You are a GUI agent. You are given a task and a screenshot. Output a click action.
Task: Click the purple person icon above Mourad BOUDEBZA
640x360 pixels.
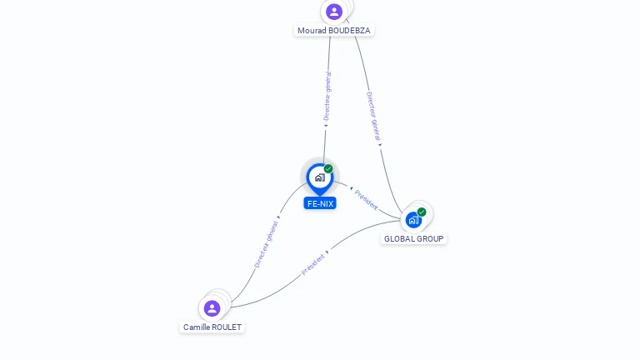(x=334, y=12)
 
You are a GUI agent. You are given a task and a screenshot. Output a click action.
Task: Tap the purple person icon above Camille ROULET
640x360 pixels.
(x=212, y=308)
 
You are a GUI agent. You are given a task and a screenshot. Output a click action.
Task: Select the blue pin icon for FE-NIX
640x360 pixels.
(x=319, y=177)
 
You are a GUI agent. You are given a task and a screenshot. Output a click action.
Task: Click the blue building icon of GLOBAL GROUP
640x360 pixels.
(x=413, y=220)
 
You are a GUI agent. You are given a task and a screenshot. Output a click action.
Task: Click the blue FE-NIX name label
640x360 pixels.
(x=320, y=203)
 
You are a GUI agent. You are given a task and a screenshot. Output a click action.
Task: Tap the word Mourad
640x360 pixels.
(x=312, y=31)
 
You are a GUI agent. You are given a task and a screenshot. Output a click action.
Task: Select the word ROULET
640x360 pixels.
(x=228, y=327)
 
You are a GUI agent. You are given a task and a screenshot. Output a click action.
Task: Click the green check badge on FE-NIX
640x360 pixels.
(x=328, y=169)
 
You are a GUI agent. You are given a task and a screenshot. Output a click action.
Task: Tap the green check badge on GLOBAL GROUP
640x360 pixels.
(x=422, y=212)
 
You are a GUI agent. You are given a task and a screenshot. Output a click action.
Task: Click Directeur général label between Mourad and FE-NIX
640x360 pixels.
(x=327, y=96)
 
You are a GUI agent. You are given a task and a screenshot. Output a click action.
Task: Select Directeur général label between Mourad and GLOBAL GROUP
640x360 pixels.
(x=373, y=116)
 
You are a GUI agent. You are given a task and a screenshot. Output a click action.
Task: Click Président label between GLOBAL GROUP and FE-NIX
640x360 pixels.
(x=366, y=199)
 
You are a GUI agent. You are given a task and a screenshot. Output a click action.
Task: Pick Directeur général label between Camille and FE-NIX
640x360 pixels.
(x=266, y=244)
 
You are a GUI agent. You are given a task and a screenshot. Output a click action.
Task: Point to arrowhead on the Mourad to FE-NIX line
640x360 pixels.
(x=326, y=127)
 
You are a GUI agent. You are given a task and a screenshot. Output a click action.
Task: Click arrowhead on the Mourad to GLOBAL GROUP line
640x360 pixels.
(x=380, y=145)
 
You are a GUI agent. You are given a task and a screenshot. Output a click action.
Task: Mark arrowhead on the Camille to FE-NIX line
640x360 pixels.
(x=278, y=217)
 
